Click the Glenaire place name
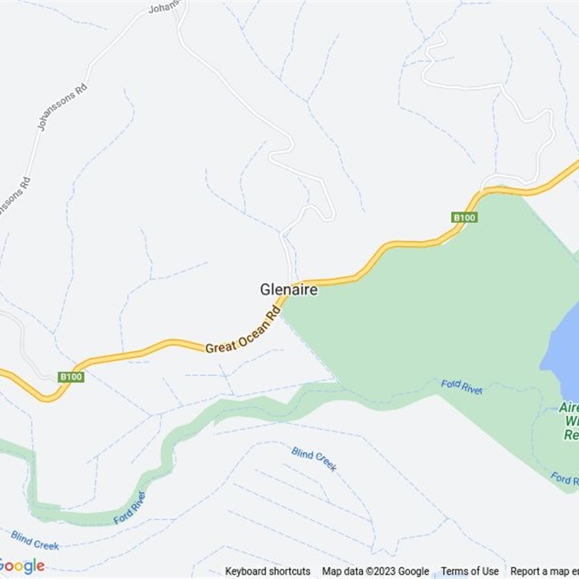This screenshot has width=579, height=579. point(289,289)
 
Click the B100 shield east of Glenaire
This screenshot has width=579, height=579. point(464,217)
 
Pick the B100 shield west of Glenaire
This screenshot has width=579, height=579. point(72,377)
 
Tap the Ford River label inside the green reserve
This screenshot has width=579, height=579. point(462,386)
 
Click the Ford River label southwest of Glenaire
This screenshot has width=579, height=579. point(130,507)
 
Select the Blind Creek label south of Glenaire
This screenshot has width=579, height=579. point(314,459)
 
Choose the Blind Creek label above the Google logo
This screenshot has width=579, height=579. point(35,540)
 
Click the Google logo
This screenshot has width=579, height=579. point(22,565)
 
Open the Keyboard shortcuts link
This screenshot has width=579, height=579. point(267,571)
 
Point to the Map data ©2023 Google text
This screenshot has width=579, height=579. point(376,571)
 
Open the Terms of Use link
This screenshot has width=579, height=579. point(470,571)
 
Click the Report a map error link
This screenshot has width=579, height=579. point(544,571)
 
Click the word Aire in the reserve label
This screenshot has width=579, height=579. point(569,408)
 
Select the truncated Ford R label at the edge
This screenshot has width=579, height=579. point(565,478)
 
